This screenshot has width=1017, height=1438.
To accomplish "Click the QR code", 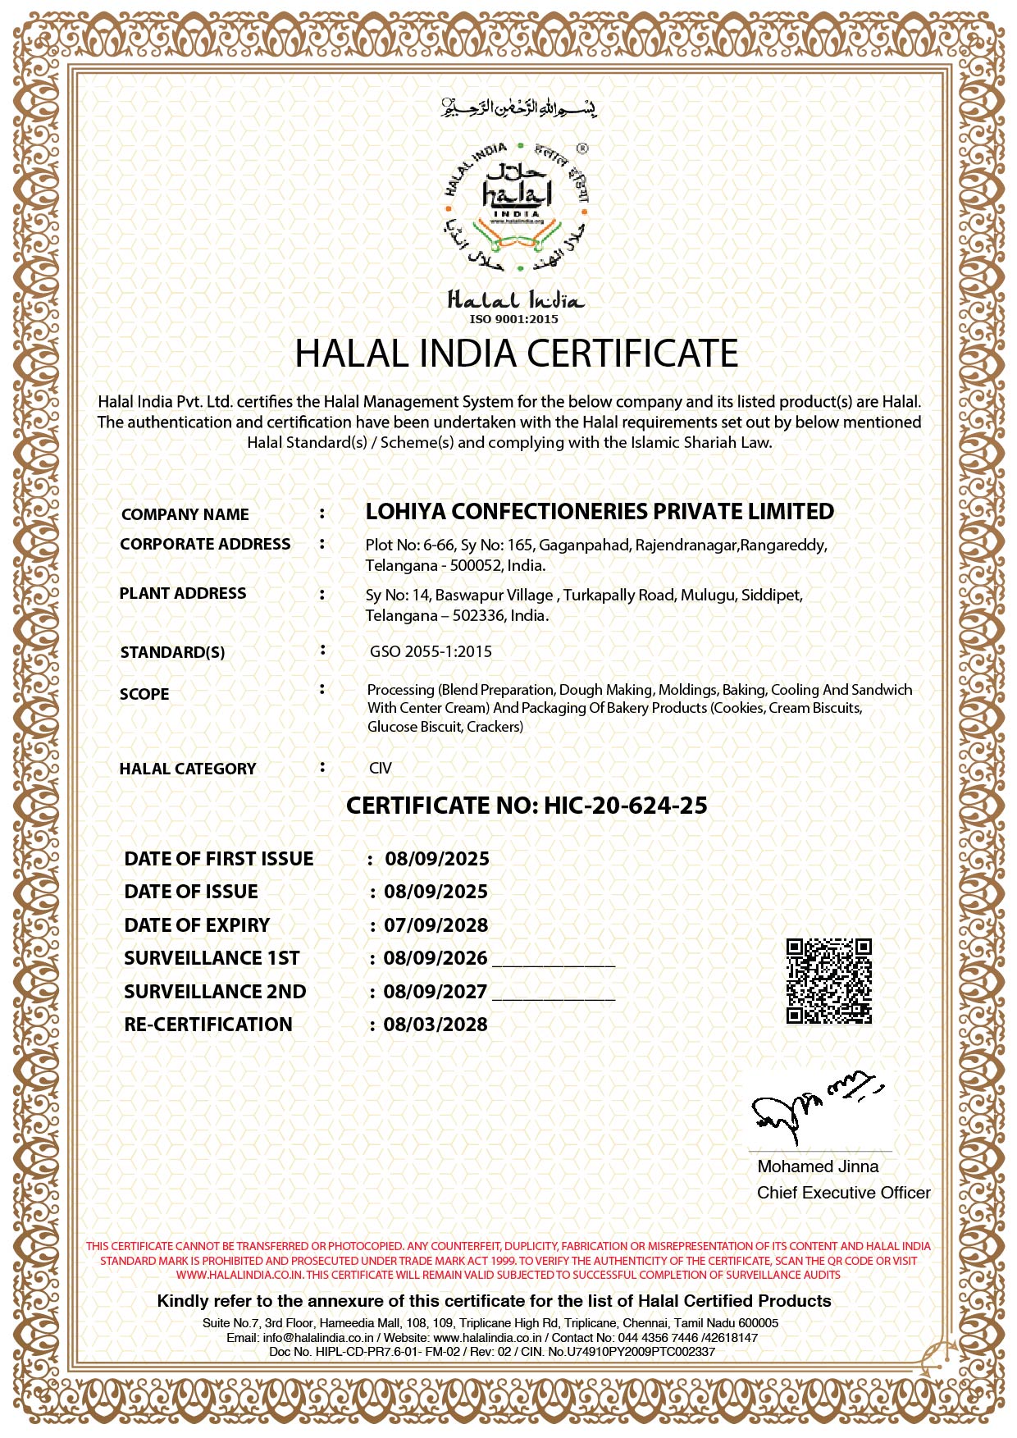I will pyautogui.click(x=828, y=981).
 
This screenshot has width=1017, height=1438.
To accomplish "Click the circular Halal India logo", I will pyautogui.click(x=516, y=208).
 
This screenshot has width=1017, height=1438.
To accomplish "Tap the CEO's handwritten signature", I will pyautogui.click(x=812, y=1103).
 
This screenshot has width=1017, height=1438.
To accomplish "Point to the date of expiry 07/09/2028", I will pyautogui.click(x=436, y=925).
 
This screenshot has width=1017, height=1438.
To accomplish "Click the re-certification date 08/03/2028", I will pyautogui.click(x=436, y=1025).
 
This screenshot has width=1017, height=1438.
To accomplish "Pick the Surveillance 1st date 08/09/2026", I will pyautogui.click(x=436, y=958).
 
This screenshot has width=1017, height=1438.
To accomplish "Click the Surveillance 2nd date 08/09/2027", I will pyautogui.click(x=436, y=992).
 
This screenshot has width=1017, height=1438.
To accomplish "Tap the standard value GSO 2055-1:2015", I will pyautogui.click(x=431, y=652).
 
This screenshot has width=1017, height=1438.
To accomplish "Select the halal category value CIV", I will pyautogui.click(x=381, y=769).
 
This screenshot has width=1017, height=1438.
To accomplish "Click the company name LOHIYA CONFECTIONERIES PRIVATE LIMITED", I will pyautogui.click(x=600, y=512).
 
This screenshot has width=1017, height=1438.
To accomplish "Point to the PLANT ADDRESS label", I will pyautogui.click(x=183, y=594).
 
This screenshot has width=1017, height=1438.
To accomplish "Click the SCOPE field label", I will pyautogui.click(x=144, y=694).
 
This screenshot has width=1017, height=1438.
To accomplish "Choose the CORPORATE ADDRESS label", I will pyautogui.click(x=205, y=545).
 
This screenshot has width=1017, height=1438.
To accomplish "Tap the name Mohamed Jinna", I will pyautogui.click(x=818, y=1166).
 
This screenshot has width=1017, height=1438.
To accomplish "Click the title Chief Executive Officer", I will pyautogui.click(x=843, y=1193).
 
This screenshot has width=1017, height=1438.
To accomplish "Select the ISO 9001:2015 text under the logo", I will pyautogui.click(x=513, y=319).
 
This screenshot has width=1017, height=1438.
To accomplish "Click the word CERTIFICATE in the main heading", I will pyautogui.click(x=632, y=354).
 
